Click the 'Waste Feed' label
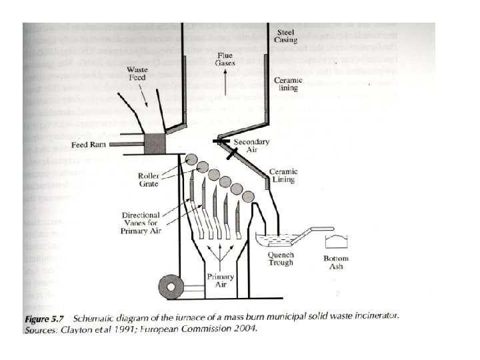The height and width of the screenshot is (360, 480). [x=139, y=74]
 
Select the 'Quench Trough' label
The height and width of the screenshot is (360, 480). [x=280, y=258]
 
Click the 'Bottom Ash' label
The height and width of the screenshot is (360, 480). [x=335, y=262]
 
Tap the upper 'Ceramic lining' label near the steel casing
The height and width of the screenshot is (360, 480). [x=288, y=84]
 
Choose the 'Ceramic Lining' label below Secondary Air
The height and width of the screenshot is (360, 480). [x=283, y=176]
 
